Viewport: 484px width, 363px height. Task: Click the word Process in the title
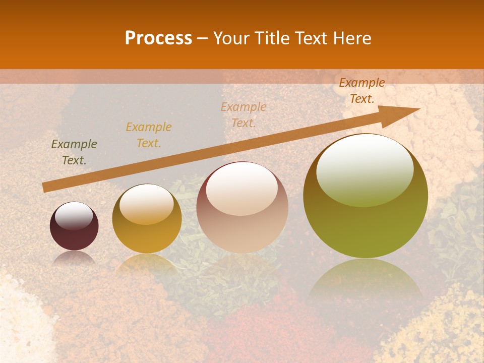pyautogui.click(x=158, y=38)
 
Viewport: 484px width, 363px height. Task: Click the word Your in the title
pyautogui.click(x=232, y=38)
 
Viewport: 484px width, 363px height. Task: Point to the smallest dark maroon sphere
pyautogui.click(x=74, y=226)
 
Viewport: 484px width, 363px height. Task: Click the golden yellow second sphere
pyautogui.click(x=147, y=219)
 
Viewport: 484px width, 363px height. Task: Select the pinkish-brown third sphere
pyautogui.click(x=243, y=207)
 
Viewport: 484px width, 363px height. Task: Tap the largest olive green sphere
pyautogui.click(x=366, y=197)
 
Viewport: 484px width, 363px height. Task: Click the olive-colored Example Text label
pyautogui.click(x=74, y=152)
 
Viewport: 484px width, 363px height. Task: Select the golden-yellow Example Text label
pyautogui.click(x=149, y=135)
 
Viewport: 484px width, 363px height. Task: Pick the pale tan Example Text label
pyautogui.click(x=244, y=115)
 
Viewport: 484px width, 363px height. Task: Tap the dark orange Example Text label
pyautogui.click(x=362, y=91)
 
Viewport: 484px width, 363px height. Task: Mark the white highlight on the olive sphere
pyautogui.click(x=365, y=169)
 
